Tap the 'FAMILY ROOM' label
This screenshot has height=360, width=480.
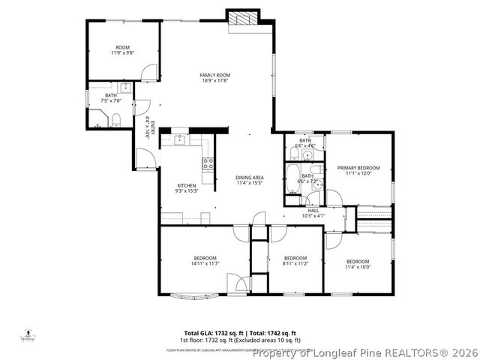click(214, 75)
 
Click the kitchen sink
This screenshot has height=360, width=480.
click(180, 139)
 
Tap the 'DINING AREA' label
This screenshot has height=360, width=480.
click(250, 177)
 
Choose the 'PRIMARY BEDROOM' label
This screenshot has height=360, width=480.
click(358, 167)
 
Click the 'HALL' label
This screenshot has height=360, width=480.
click(313, 210)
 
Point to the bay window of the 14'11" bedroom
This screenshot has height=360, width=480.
click(187, 294)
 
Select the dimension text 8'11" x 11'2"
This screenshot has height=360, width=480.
click(295, 264)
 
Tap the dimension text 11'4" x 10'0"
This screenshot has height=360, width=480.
click(358, 267)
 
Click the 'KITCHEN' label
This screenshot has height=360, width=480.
click(186, 185)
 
